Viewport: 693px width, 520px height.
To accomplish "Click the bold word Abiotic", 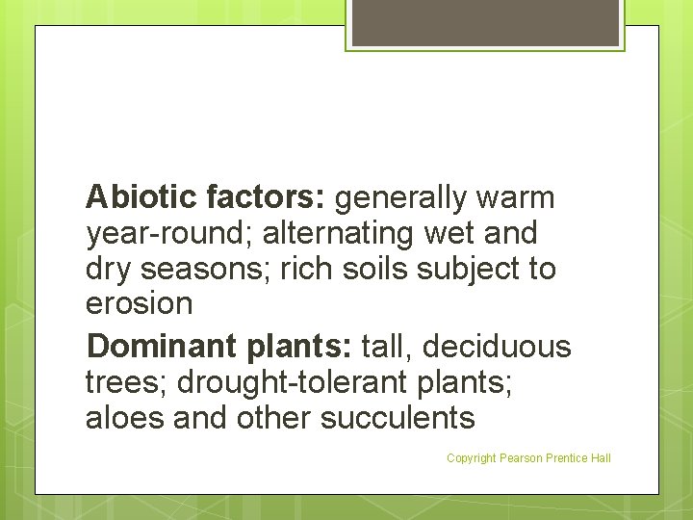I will (x=141, y=197).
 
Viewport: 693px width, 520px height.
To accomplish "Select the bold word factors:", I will (x=267, y=197).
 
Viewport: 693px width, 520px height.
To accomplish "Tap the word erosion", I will (x=140, y=304).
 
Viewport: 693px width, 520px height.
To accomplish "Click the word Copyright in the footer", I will (x=471, y=458).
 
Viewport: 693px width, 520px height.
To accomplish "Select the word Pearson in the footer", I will (x=521, y=458).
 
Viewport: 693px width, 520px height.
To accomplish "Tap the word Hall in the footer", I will (x=600, y=458).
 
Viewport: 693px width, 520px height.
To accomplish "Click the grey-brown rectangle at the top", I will (x=485, y=21).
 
